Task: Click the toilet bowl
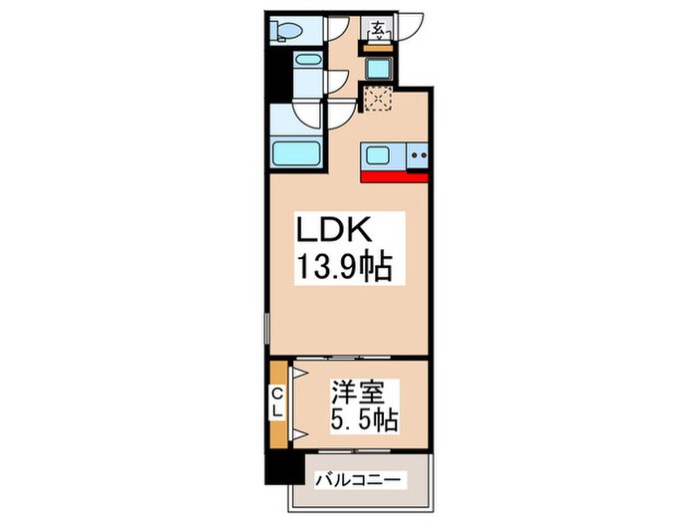click(286, 31)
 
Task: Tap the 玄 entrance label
click(378, 30)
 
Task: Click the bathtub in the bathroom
click(296, 153)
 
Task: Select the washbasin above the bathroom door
click(308, 60)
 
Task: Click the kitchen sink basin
click(377, 155)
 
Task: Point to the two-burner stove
click(418, 155)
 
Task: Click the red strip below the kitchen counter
click(395, 177)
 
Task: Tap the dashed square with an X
click(378, 99)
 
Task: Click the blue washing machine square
click(378, 69)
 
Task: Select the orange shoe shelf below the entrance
click(378, 48)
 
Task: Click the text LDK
click(333, 230)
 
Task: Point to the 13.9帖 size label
click(344, 267)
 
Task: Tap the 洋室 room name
click(357, 392)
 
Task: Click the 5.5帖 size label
click(364, 419)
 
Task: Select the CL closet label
click(278, 402)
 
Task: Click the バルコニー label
click(359, 480)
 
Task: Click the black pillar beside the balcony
click(281, 469)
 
